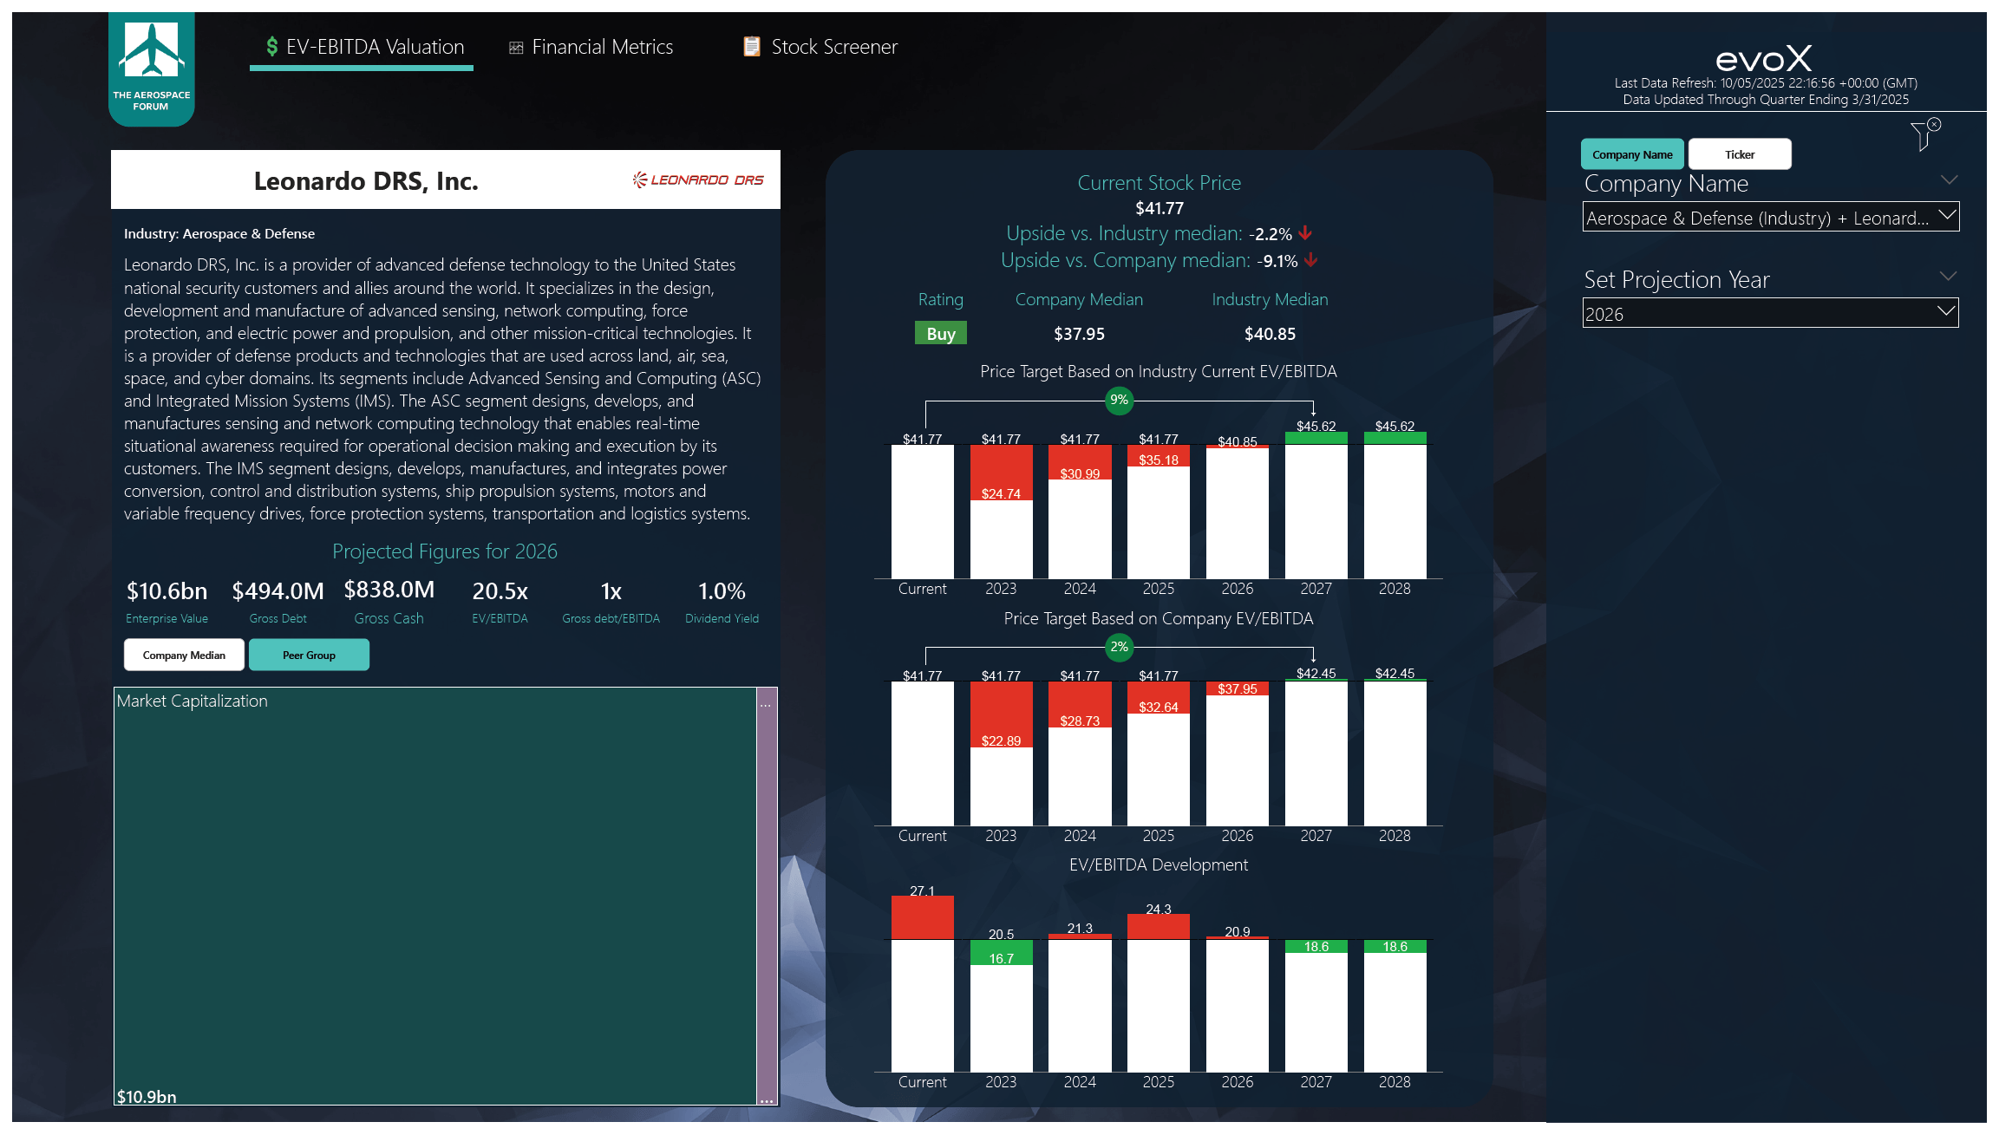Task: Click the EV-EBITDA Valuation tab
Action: coord(364,47)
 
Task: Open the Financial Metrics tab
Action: coord(591,47)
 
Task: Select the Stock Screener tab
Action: coord(820,47)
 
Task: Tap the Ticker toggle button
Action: coord(1739,154)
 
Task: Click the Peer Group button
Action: coord(309,655)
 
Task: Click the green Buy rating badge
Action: coord(940,334)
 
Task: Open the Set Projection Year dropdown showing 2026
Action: coord(1769,314)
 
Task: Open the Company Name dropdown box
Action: coord(1769,218)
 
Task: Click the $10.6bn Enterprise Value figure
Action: coord(167,591)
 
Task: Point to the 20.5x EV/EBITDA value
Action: coord(500,591)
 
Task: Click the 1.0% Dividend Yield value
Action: coord(722,591)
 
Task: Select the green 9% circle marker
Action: coord(1120,400)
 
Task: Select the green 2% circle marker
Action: coord(1120,647)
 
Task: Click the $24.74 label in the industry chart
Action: coord(1001,494)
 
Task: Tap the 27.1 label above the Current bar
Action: coord(922,891)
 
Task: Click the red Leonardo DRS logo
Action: coord(698,179)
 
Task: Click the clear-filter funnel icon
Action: coord(1924,134)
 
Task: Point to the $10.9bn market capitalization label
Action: coord(147,1097)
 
